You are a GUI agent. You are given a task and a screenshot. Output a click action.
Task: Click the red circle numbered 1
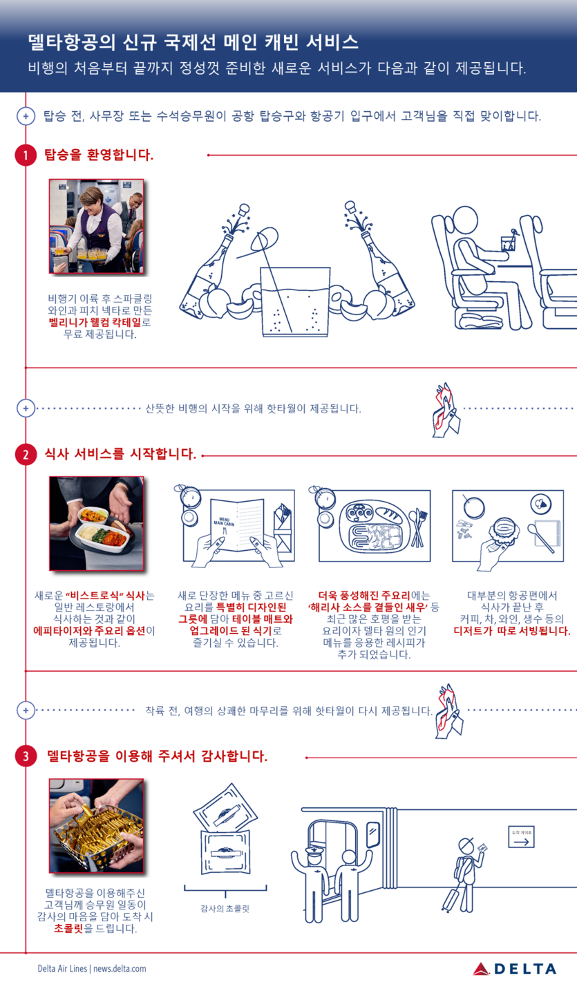pyautogui.click(x=26, y=155)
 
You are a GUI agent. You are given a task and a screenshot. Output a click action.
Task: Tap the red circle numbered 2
pyautogui.click(x=26, y=455)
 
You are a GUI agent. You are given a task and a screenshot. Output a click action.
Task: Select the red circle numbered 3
pyautogui.click(x=26, y=756)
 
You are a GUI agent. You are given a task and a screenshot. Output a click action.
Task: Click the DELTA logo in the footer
pyautogui.click(x=514, y=969)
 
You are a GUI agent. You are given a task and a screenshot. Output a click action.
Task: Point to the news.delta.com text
pyautogui.click(x=120, y=969)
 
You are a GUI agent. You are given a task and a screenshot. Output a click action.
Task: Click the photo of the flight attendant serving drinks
pyautogui.click(x=96, y=226)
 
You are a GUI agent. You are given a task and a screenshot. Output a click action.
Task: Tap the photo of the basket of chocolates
pyautogui.click(x=96, y=826)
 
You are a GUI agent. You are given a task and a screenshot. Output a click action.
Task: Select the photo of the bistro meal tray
pyautogui.click(x=96, y=524)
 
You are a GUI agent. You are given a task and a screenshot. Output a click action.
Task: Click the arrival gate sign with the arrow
pyautogui.click(x=522, y=836)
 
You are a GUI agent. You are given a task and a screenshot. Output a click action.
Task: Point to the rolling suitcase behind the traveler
pyautogui.click(x=452, y=898)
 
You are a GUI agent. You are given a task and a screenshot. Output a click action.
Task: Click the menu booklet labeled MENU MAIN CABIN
pyautogui.click(x=237, y=525)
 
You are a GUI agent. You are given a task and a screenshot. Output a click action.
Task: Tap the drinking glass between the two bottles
pyautogui.click(x=295, y=302)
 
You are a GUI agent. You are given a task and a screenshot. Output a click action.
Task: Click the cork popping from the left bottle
pyautogui.click(x=243, y=209)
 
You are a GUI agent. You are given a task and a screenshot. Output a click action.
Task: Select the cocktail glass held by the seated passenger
pyautogui.click(x=508, y=243)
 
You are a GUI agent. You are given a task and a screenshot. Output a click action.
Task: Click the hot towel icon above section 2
pyautogui.click(x=446, y=410)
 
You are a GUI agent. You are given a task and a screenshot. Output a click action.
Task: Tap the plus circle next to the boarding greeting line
pyautogui.click(x=26, y=116)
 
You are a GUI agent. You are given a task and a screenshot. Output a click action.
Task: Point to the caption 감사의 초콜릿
pyautogui.click(x=225, y=909)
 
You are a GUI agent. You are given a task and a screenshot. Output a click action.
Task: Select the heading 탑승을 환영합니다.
pyautogui.click(x=99, y=155)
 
